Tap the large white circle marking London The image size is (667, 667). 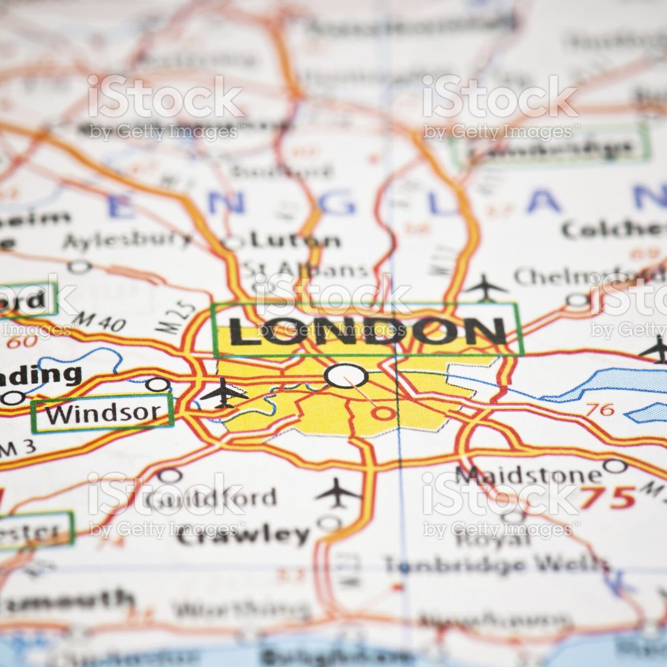(x=346, y=376)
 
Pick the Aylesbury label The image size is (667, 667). (x=128, y=240)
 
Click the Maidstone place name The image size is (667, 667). (x=528, y=474)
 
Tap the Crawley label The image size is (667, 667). (x=243, y=534)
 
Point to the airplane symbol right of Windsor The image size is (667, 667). (x=224, y=392)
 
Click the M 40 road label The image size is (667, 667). (x=102, y=322)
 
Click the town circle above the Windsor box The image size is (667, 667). (x=157, y=384)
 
